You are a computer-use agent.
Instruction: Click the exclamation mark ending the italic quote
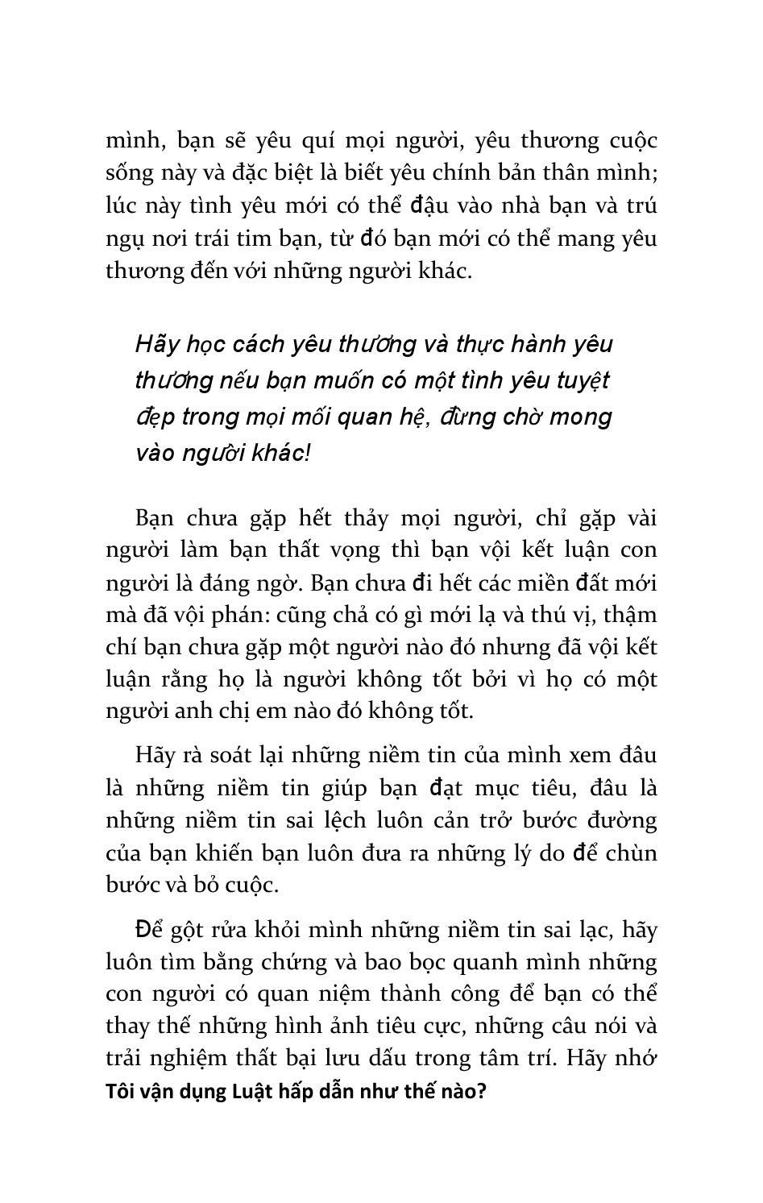308,453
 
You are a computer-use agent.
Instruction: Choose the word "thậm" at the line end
630,615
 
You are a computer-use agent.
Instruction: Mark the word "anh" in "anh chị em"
190,711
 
